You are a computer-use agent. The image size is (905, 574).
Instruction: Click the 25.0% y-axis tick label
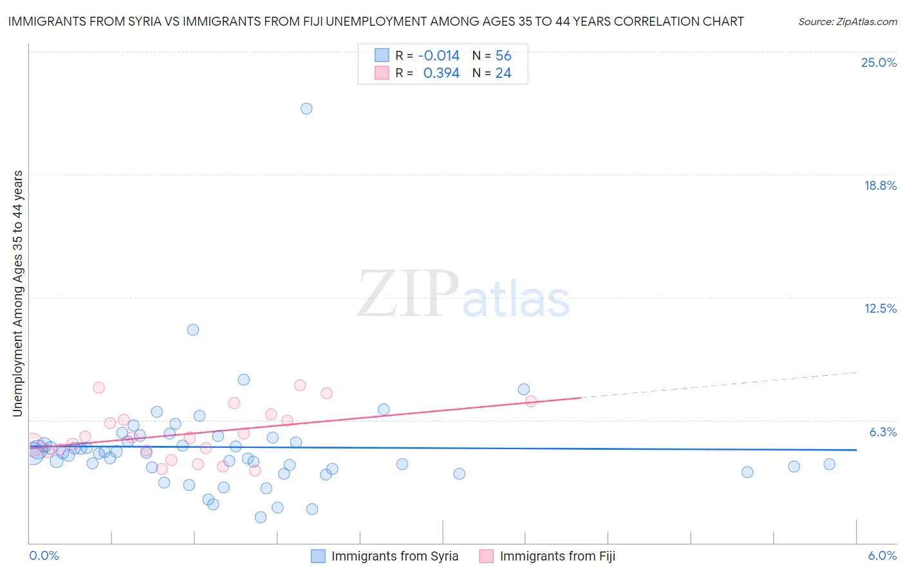[x=879, y=62]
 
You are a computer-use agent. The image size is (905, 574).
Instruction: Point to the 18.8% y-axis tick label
[x=880, y=185]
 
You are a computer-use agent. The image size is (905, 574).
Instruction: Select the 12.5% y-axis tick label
[x=880, y=308]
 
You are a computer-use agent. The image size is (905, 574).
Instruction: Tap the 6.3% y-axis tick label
[x=882, y=432]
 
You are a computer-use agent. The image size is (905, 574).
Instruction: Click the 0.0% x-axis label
[x=44, y=555]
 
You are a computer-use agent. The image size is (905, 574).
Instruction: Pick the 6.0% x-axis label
[x=882, y=555]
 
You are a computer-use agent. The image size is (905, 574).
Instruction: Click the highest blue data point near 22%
[x=306, y=109]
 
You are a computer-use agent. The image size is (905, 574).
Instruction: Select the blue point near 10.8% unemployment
[x=193, y=329]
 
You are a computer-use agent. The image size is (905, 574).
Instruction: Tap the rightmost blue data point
[x=829, y=464]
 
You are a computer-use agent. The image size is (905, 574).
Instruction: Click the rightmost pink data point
[x=531, y=402]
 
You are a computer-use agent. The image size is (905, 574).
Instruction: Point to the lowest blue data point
[x=261, y=517]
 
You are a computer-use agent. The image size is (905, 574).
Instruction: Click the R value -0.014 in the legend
[x=438, y=56]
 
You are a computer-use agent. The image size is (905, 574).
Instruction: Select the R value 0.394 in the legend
[x=441, y=73]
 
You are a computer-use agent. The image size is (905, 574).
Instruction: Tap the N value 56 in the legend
[x=503, y=56]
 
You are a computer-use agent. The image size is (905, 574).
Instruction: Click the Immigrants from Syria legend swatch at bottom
[x=318, y=556]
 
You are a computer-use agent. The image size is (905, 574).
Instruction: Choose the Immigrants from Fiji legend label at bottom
[x=557, y=556]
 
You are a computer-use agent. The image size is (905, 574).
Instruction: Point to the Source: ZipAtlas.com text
[x=847, y=21]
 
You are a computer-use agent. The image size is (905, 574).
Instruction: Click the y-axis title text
[x=17, y=293]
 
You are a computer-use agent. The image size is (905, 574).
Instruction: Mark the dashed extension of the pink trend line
[x=721, y=385]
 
